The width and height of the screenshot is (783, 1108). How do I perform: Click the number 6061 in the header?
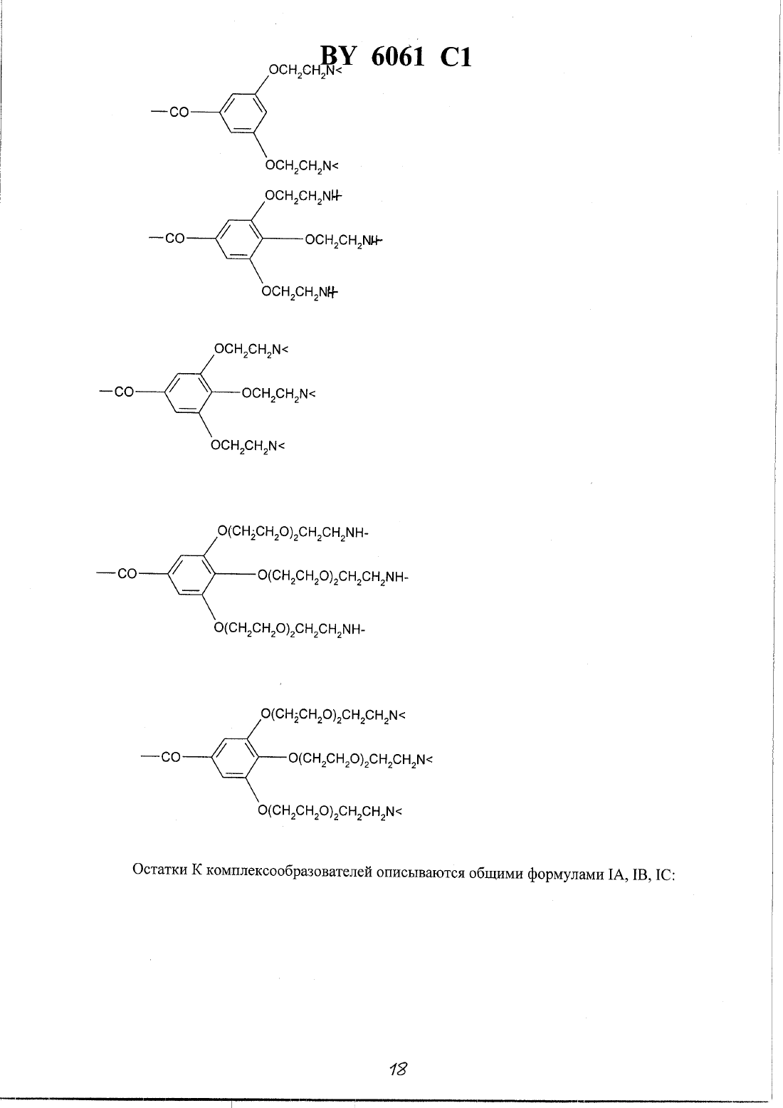coord(397,56)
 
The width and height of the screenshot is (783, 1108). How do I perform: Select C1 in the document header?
coord(456,57)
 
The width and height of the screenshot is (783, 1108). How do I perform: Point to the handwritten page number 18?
coord(398,1069)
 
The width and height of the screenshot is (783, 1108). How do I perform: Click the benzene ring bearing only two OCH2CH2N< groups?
coord(243,113)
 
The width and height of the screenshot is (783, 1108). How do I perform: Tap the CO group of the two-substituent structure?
coord(179,113)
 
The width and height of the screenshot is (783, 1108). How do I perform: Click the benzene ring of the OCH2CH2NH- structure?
coord(239,239)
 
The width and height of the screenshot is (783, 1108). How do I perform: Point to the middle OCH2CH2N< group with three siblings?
coord(278,394)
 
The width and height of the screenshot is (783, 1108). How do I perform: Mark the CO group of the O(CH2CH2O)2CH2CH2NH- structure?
coord(127,574)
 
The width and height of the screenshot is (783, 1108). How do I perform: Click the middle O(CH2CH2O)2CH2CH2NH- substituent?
coord(332,577)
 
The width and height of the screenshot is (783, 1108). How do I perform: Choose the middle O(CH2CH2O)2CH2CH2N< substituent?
coord(360,759)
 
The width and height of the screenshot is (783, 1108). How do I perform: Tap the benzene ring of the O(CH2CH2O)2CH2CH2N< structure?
coord(235,757)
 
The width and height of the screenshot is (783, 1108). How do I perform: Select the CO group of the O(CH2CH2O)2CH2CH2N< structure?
coord(171,757)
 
